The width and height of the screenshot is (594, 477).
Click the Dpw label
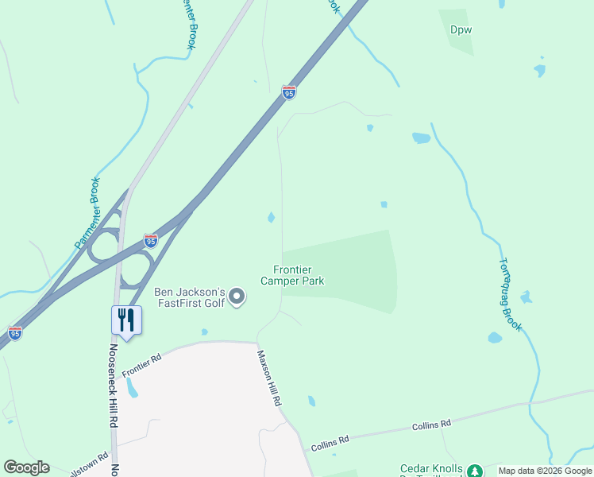point(461,30)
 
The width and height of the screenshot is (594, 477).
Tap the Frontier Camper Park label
point(292,275)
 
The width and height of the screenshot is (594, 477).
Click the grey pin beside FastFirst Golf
point(237,297)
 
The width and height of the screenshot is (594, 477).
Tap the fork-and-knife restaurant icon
point(126,320)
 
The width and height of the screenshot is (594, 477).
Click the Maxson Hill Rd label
point(268,378)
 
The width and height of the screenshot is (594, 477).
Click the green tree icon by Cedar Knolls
point(474,471)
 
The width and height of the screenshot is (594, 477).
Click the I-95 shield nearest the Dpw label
point(289,93)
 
